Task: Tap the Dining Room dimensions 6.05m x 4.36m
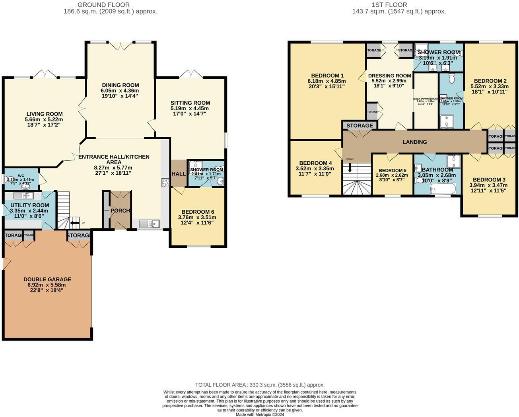click(120, 91)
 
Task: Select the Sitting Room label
click(190, 103)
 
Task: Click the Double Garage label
click(47, 279)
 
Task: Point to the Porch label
click(120, 210)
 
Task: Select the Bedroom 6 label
click(198, 212)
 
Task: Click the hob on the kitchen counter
click(165, 183)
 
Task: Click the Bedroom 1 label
click(327, 76)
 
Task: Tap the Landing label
click(414, 142)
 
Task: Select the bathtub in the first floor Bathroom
click(441, 189)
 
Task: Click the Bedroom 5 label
click(391, 170)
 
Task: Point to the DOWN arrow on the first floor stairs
click(350, 167)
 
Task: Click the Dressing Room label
click(389, 76)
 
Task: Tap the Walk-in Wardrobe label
click(426, 98)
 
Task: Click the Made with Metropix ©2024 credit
click(260, 415)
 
